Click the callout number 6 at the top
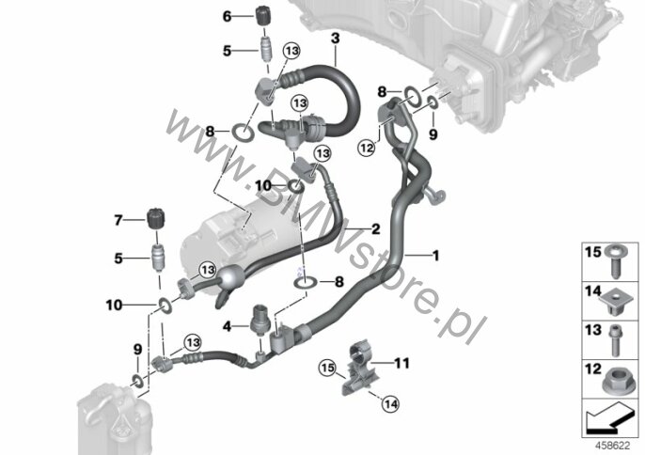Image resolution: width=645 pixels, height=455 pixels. (x=228, y=17)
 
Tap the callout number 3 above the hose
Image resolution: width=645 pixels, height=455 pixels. (x=336, y=39)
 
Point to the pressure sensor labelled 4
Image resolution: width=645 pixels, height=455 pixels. (x=260, y=325)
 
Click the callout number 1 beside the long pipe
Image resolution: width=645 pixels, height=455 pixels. (x=436, y=256)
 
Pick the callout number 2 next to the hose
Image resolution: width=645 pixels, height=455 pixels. (x=375, y=228)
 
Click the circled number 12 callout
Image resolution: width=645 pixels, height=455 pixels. (x=367, y=147)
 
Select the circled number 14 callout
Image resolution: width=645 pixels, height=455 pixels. (x=390, y=404)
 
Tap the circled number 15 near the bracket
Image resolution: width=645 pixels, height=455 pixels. (x=328, y=368)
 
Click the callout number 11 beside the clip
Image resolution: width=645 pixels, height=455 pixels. (x=401, y=363)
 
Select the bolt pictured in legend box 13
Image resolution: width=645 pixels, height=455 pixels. (x=616, y=341)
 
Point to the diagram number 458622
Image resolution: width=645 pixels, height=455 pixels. (x=613, y=446)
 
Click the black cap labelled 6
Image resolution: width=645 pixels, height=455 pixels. (x=262, y=16)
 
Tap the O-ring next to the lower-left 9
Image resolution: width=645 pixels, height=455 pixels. (x=137, y=381)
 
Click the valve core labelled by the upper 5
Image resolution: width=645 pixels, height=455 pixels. (x=265, y=49)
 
